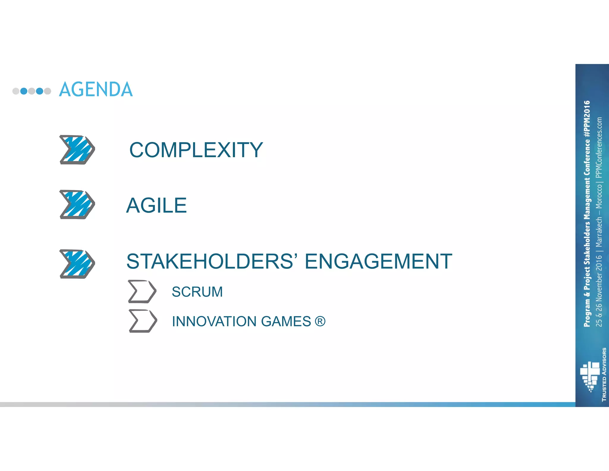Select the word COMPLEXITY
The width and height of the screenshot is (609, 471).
pyautogui.click(x=196, y=150)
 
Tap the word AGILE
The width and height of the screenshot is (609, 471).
pyautogui.click(x=156, y=205)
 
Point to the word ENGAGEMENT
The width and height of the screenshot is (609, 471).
pyautogui.click(x=378, y=261)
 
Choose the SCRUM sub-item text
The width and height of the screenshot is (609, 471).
pyautogui.click(x=197, y=292)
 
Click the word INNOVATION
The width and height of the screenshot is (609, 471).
pyautogui.click(x=214, y=322)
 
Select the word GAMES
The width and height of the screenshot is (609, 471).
pyautogui.click(x=286, y=322)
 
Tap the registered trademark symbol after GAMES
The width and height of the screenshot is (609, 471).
pyautogui.click(x=320, y=322)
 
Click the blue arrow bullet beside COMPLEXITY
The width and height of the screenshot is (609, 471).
pyautogui.click(x=77, y=150)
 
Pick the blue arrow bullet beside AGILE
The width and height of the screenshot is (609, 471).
pyautogui.click(x=77, y=205)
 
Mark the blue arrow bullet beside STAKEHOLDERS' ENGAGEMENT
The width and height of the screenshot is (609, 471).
pyautogui.click(x=77, y=264)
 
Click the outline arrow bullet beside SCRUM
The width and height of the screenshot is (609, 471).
pyautogui.click(x=142, y=291)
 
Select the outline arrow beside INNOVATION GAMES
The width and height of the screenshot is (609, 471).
pyautogui.click(x=143, y=321)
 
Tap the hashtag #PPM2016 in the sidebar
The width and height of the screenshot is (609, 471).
pyautogui.click(x=587, y=119)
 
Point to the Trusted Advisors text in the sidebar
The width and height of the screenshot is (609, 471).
pyautogui.click(x=604, y=374)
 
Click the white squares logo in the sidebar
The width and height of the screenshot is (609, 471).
pyautogui.click(x=590, y=376)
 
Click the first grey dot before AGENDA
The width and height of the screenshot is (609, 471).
pyautogui.click(x=16, y=91)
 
